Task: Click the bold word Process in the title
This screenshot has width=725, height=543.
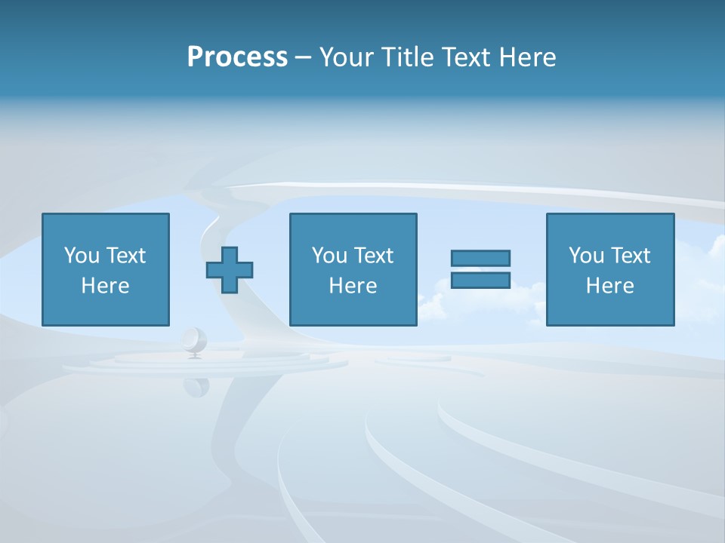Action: point(237,57)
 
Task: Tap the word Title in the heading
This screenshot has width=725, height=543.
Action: point(406,57)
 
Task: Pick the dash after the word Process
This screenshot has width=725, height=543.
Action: point(303,58)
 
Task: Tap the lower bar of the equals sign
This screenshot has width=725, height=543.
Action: point(480,280)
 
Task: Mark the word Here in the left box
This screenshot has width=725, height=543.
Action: point(106,286)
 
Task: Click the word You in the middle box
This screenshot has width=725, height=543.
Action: point(329,256)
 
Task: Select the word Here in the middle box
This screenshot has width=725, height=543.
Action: point(353,286)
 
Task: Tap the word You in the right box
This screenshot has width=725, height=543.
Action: point(586,256)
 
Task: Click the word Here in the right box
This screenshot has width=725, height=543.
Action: point(610,286)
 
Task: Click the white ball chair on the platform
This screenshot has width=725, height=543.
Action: point(194,340)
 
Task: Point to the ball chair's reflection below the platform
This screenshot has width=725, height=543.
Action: point(196,385)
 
